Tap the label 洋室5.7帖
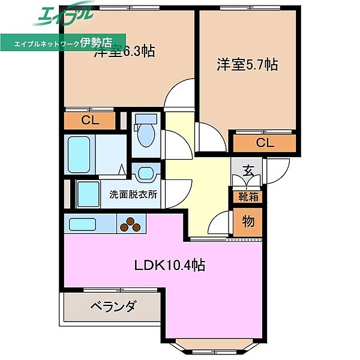247,64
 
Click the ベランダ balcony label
113,307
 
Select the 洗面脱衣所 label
133,194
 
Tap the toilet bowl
146,135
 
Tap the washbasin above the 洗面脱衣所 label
145,175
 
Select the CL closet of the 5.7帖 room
265,143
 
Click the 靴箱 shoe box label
248,196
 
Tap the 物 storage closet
248,221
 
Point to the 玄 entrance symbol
248,170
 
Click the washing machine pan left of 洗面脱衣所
89,193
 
